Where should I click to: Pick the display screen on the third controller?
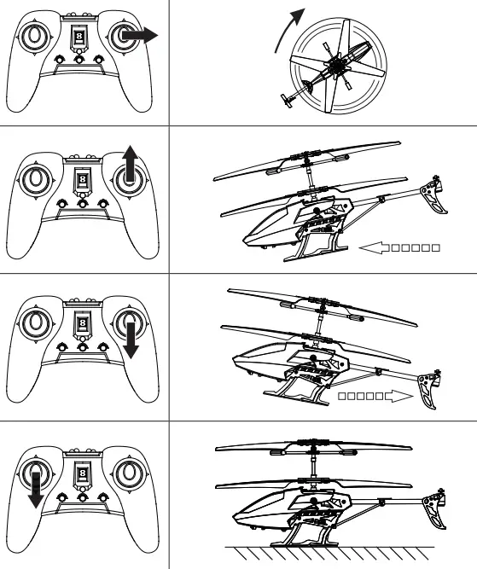click(x=81, y=325)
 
